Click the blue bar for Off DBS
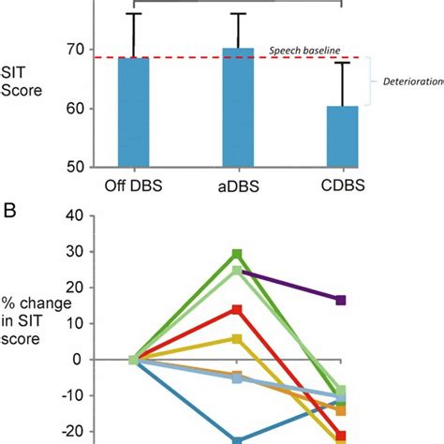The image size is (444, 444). click(134, 111)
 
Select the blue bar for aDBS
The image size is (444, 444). click(238, 107)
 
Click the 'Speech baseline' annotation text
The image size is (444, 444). click(303, 49)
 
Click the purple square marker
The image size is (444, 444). click(342, 300)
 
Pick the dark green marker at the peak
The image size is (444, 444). click(238, 254)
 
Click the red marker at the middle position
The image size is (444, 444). click(238, 310)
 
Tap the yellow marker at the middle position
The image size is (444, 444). click(238, 339)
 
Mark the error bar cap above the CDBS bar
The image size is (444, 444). click(342, 63)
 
